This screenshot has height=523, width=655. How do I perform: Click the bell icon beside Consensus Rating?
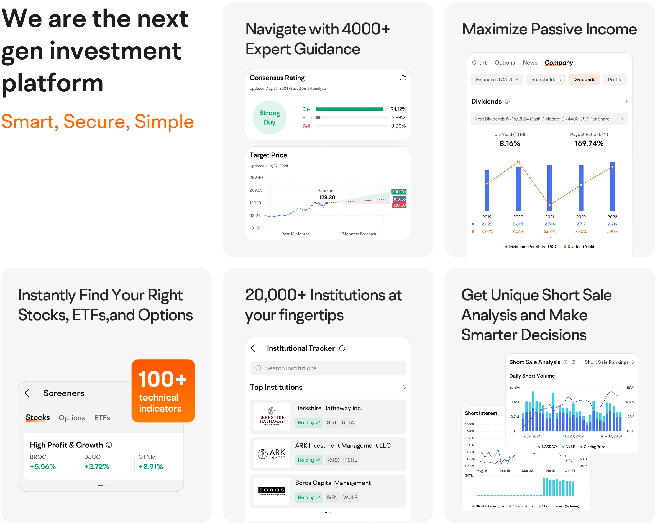coord(403,78)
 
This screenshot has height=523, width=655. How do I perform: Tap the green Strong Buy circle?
coord(270,117)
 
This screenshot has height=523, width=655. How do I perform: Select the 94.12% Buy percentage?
coord(398,109)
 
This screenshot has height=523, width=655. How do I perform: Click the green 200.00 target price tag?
coord(399,192)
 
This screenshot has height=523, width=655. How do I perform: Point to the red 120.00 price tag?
coord(399,205)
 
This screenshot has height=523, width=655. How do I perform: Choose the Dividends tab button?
coord(584,80)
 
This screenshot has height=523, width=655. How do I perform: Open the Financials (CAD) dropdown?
coord(497,80)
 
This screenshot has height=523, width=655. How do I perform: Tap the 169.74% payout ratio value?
coord(589,144)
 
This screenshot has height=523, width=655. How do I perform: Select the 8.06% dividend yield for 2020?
coord(518,231)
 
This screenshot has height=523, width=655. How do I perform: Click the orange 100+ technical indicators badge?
coord(163,391)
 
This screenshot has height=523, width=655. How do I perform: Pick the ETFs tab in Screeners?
coord(102,418)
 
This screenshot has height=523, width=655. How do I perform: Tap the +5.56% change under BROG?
coord(43,466)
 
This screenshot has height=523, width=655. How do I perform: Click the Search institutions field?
coord(328,368)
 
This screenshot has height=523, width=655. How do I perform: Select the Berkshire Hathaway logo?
coord(272,416)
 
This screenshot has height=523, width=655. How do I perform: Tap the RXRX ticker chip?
coord(333,460)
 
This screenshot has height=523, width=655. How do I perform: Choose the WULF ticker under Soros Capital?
coord(350,497)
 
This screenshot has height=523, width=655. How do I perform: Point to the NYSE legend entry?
coord(569,447)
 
